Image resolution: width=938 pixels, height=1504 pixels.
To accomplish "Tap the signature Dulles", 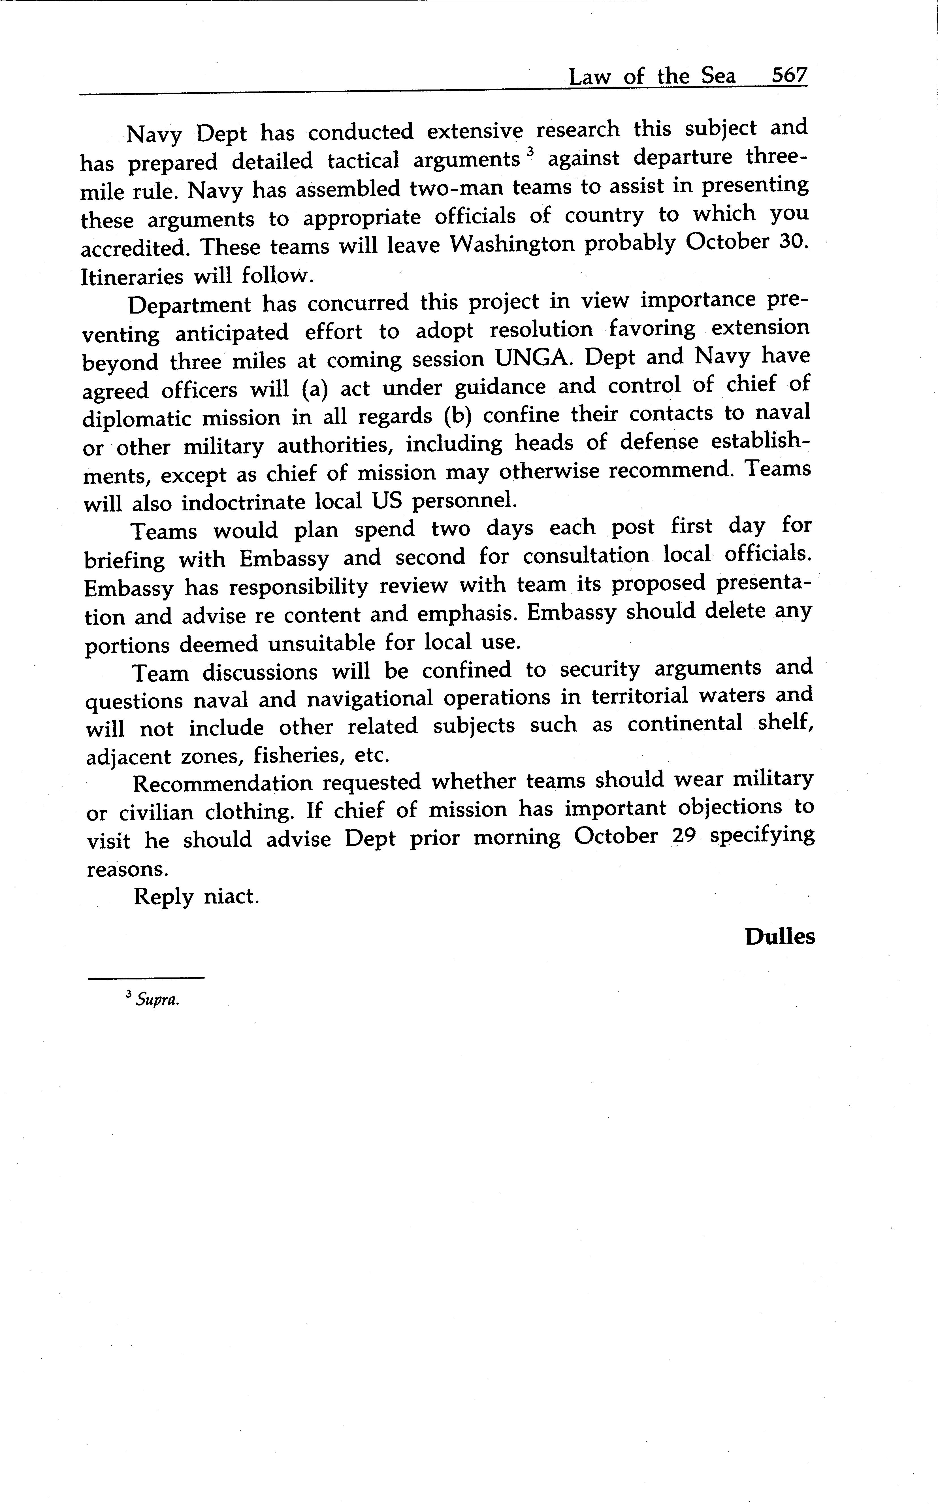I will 779,937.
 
